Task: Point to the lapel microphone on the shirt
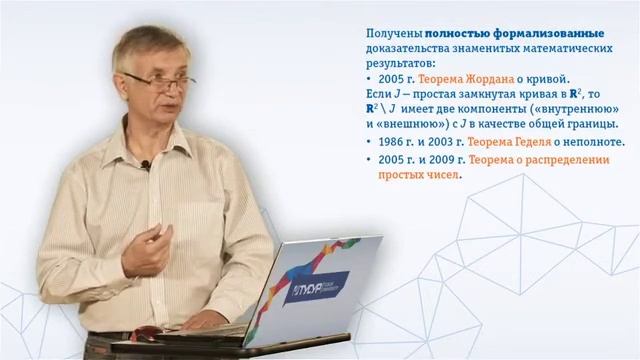pos(147,165)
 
